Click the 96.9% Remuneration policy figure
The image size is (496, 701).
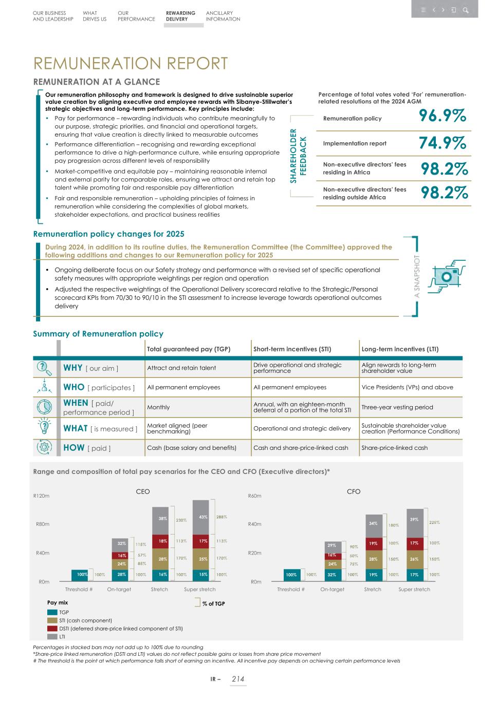click(443, 116)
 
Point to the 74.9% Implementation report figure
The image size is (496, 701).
click(443, 143)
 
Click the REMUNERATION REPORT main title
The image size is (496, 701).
click(131, 63)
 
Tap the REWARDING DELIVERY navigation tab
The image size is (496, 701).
click(180, 16)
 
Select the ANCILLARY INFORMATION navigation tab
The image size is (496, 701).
click(223, 16)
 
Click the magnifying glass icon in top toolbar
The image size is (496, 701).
click(465, 10)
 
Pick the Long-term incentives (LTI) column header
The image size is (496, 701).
click(400, 349)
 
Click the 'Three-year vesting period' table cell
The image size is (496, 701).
click(397, 407)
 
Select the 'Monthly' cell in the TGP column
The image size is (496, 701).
click(158, 407)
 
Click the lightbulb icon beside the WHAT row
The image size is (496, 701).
click(44, 427)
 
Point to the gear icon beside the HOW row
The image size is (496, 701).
click(44, 447)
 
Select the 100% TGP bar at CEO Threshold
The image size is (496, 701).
click(82, 575)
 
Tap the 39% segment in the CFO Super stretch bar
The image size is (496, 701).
click(414, 520)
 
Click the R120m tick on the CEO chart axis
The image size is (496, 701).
click(41, 496)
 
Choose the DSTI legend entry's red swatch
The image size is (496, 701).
click(52, 629)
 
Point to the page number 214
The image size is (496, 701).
click(237, 679)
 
